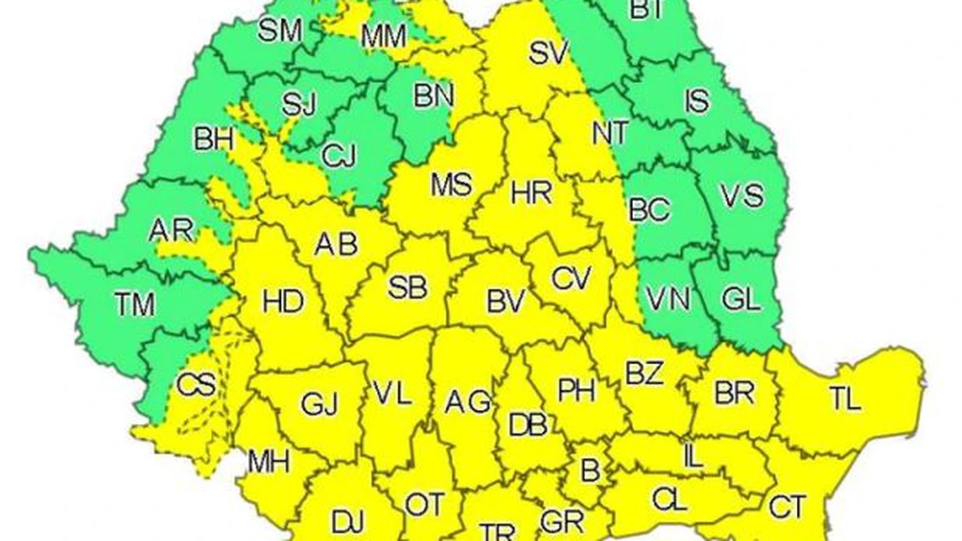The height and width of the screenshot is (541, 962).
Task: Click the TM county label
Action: tap(135, 303)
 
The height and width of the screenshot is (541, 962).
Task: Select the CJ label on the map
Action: tap(339, 156)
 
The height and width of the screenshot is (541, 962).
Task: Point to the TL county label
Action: tap(846, 400)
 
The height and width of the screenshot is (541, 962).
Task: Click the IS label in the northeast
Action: tap(696, 100)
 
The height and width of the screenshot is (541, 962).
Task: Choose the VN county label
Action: tap(669, 300)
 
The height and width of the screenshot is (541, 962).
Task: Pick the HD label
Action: tap(283, 302)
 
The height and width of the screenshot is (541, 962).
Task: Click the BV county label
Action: tap(506, 302)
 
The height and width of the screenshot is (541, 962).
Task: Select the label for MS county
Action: tap(451, 185)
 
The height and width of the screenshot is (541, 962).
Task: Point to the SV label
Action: tap(546, 54)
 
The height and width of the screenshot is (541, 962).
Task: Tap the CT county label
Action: tap(787, 507)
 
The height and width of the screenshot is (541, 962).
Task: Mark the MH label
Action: tap(269, 462)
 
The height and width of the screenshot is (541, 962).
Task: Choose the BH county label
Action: tap(213, 139)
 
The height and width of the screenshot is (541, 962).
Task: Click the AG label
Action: tap(468, 402)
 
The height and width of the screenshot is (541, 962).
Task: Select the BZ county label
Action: tap(645, 374)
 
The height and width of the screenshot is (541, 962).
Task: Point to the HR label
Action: tap(532, 194)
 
